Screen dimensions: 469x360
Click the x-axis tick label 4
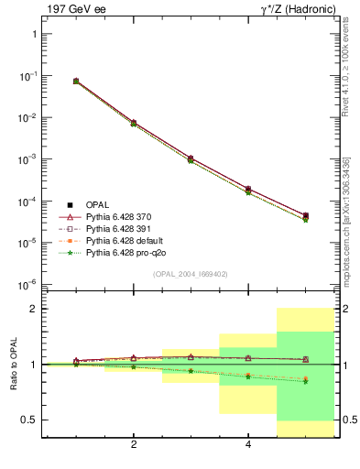248,445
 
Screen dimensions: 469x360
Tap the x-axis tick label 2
134,445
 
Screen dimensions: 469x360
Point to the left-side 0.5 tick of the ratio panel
28,420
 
